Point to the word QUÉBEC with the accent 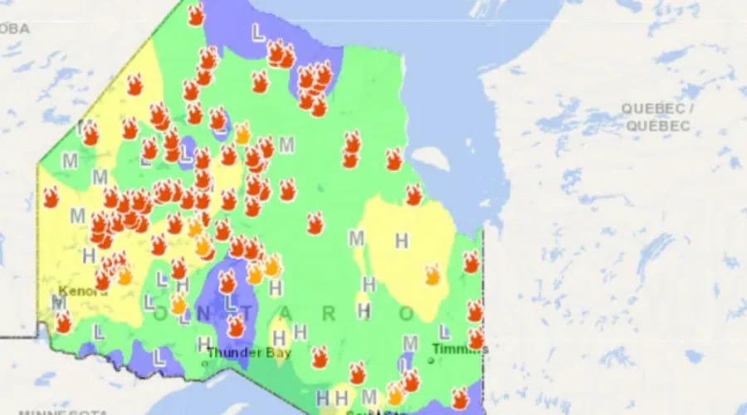[x=658, y=126]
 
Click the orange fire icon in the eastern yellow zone [x=432, y=275]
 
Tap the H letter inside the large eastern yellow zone [x=402, y=242]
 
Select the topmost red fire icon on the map [x=196, y=15]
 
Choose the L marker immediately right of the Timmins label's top [x=444, y=332]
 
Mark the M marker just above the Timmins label [x=410, y=343]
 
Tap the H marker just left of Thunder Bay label [x=203, y=343]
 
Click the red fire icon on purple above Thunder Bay [x=237, y=326]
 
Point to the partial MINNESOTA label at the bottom [x=63, y=412]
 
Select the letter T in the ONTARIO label [x=250, y=314]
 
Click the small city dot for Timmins [x=432, y=361]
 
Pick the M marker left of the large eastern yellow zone [x=357, y=239]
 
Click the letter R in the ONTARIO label [x=329, y=314]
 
